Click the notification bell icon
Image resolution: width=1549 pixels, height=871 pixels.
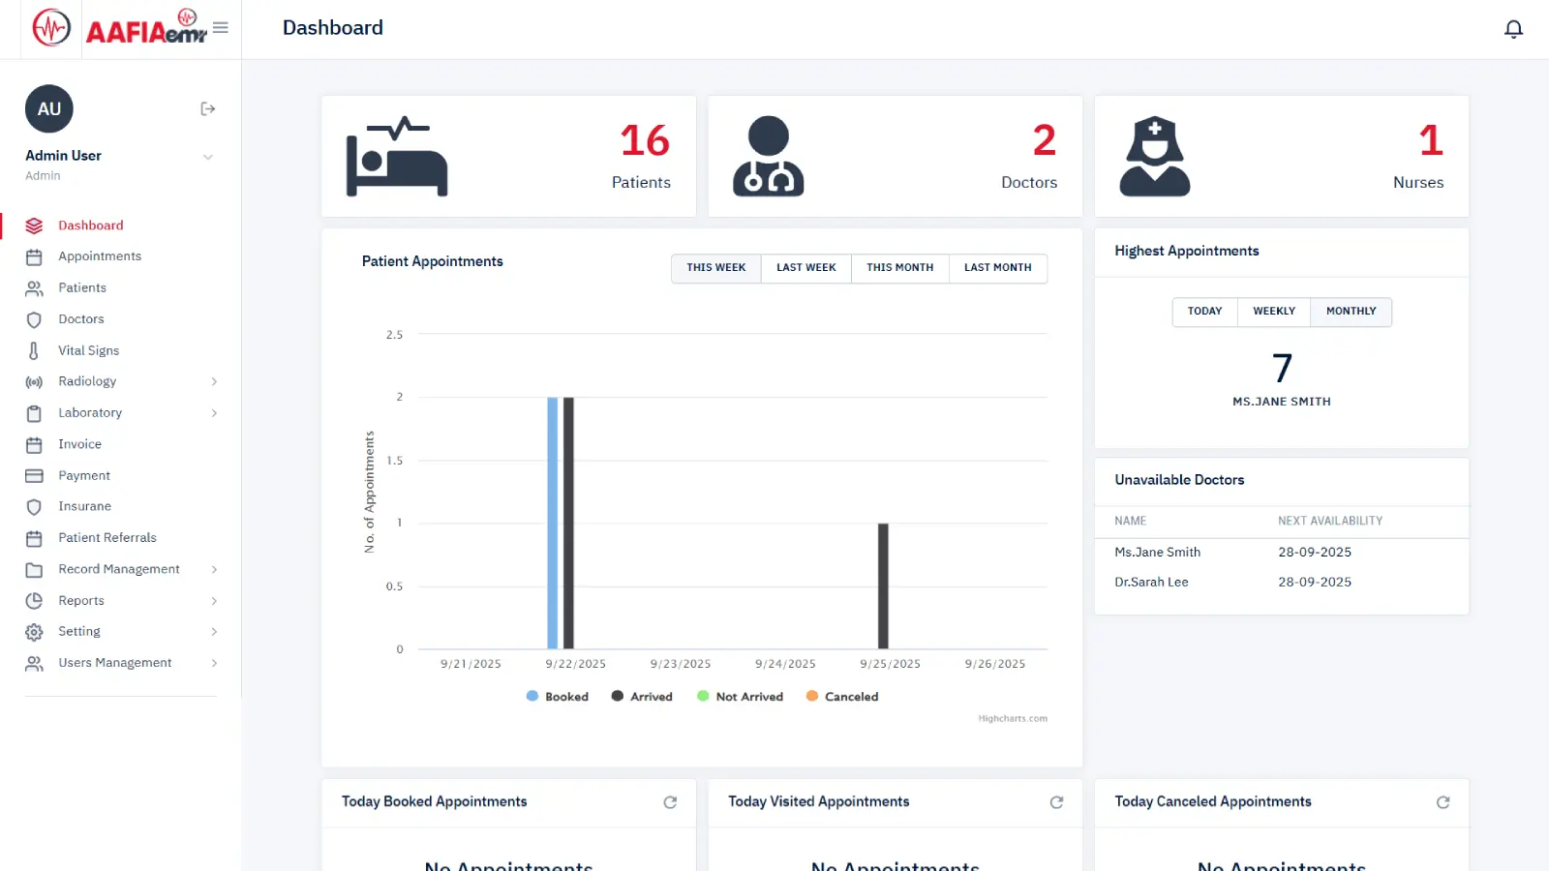coord(1513,29)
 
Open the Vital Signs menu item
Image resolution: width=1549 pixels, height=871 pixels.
coord(88,350)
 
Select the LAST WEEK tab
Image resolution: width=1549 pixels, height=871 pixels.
coord(805,268)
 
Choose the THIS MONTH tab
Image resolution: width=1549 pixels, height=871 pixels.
coord(899,268)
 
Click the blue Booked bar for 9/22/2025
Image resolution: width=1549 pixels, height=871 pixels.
coord(553,523)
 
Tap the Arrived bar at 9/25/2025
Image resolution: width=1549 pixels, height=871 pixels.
coord(883,586)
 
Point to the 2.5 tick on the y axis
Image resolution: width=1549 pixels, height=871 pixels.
coord(394,335)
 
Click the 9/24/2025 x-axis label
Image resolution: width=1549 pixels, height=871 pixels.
coord(785,664)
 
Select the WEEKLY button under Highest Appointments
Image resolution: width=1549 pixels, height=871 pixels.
coord(1273,312)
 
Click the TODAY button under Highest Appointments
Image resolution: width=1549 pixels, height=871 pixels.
coord(1204,312)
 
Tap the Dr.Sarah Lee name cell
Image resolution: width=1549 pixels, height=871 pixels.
coord(1151,583)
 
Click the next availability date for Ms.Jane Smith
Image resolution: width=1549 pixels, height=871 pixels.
coord(1315,553)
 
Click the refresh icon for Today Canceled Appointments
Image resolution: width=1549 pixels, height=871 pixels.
coord(1443,802)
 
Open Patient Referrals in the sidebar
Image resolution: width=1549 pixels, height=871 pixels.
coord(106,538)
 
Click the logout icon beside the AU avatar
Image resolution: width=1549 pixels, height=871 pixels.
coord(207,109)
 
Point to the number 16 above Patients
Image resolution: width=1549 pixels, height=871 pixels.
coord(645,141)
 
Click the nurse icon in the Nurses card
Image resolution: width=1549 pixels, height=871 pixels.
coord(1154,157)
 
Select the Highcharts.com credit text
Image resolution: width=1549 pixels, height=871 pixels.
coord(1013,719)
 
